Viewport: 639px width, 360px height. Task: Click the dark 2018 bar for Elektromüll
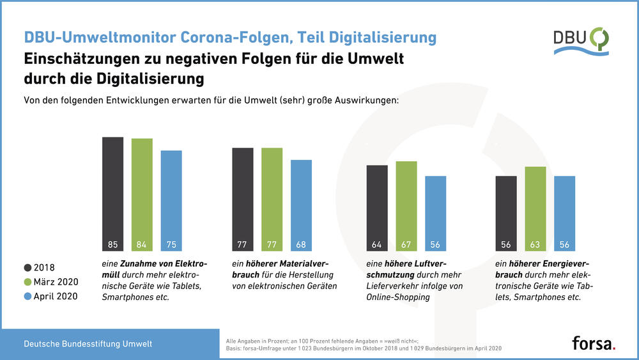coord(112,192)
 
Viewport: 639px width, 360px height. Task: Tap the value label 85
coord(112,244)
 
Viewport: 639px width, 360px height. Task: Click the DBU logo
coord(581,40)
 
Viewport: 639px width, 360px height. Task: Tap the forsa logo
coord(594,343)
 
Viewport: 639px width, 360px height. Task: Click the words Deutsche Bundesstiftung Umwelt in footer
coord(88,344)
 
